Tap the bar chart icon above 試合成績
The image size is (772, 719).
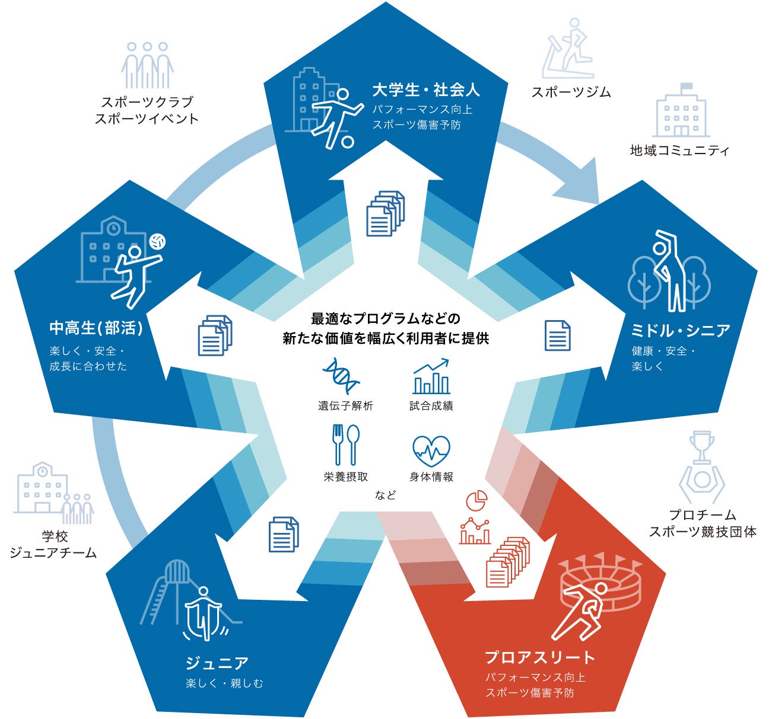[431, 376]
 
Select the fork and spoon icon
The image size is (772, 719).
[345, 445]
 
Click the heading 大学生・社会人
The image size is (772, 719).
[426, 90]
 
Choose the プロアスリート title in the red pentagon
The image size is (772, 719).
[540, 657]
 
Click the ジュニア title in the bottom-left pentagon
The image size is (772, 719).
[217, 663]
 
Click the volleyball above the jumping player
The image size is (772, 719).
[158, 242]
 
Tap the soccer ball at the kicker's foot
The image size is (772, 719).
[347, 142]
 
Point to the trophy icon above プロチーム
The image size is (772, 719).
[701, 446]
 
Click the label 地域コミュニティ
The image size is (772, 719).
[679, 151]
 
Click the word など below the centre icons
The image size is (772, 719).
[385, 495]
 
